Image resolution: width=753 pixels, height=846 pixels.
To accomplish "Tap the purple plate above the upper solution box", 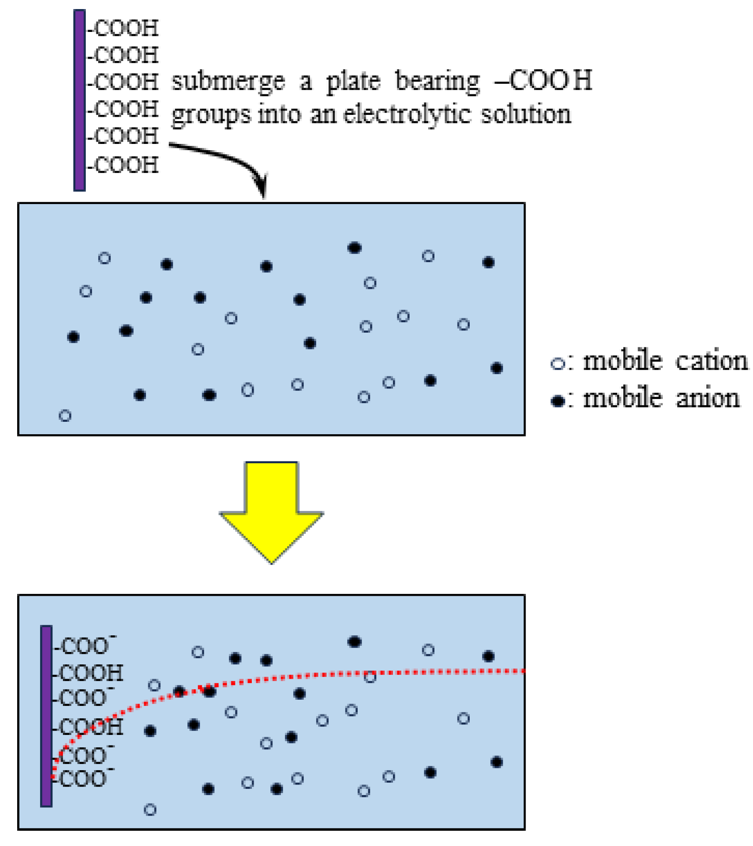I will coord(80,100).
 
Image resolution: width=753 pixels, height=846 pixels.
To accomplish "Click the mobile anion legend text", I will coord(661,398).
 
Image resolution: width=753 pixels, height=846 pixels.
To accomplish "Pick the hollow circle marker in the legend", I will coord(557,364).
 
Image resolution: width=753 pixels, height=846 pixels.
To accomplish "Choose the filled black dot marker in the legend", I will coord(557,400).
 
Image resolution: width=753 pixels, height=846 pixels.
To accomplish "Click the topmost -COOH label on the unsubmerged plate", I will coord(124,29).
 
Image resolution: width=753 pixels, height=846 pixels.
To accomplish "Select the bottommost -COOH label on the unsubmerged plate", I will coord(124,165).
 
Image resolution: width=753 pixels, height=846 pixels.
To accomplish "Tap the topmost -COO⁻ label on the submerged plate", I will coord(85,646).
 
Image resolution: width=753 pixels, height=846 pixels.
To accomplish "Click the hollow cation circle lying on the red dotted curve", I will coord(370,676).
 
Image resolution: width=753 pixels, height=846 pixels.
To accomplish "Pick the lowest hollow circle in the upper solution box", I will coord(65,416).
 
